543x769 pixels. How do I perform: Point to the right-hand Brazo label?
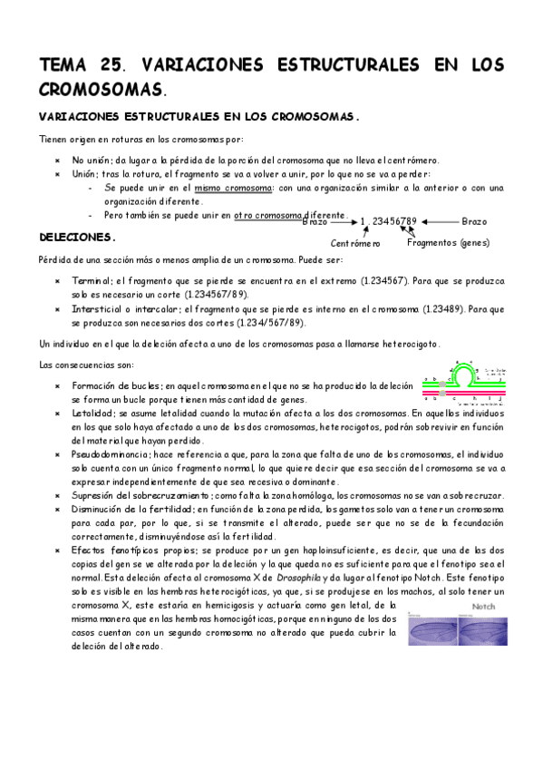point(473,221)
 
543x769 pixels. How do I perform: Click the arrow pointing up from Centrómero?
point(364,231)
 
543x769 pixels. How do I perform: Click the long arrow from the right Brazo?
point(438,221)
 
